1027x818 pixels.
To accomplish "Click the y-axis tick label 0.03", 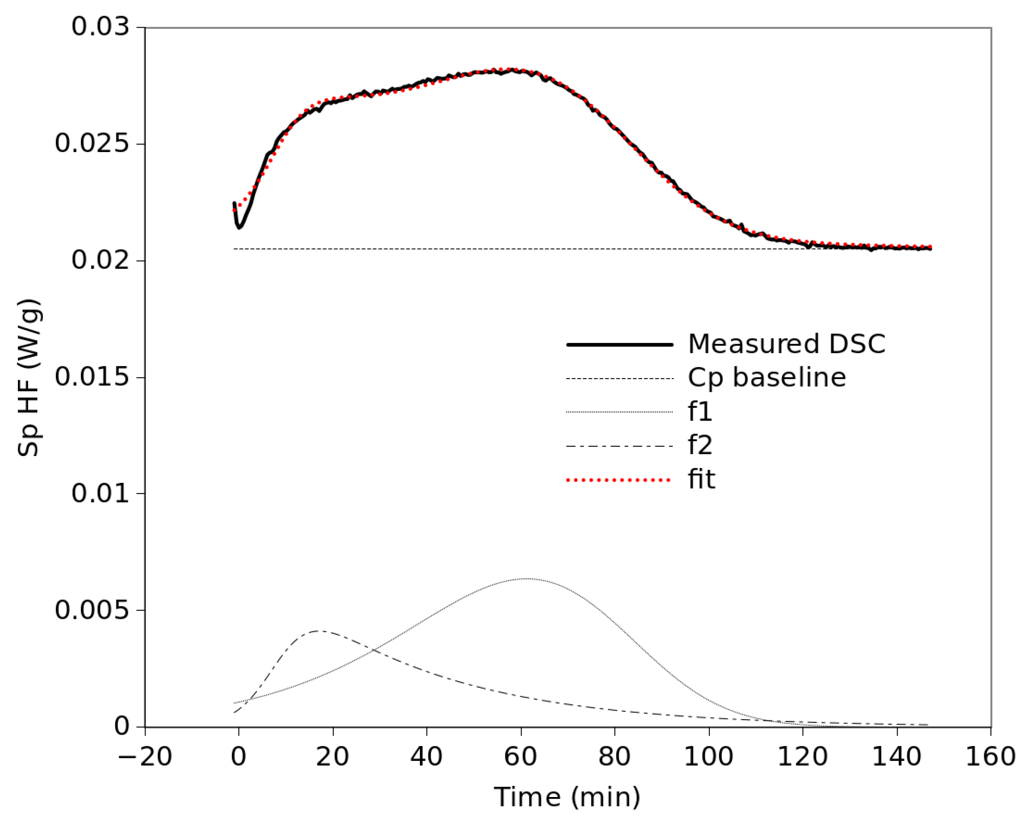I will pyautogui.click(x=100, y=27).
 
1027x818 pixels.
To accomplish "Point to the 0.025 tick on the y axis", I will pyautogui.click(x=92, y=143).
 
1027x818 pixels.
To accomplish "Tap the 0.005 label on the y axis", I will pyautogui.click(x=92, y=610).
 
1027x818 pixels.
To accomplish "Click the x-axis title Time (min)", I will pyautogui.click(x=567, y=797).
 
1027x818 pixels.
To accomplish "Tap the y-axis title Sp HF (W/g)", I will pyautogui.click(x=30, y=378).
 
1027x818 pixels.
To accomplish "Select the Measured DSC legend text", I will pyautogui.click(x=786, y=344).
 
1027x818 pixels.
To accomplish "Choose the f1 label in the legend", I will pyautogui.click(x=700, y=412).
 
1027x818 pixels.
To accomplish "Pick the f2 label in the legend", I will pyautogui.click(x=700, y=446).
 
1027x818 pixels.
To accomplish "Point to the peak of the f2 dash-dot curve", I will pyautogui.click(x=318, y=631).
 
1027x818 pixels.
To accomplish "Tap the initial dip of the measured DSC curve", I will pyautogui.click(x=239, y=227).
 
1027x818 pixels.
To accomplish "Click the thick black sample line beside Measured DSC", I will pyautogui.click(x=619, y=344).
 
